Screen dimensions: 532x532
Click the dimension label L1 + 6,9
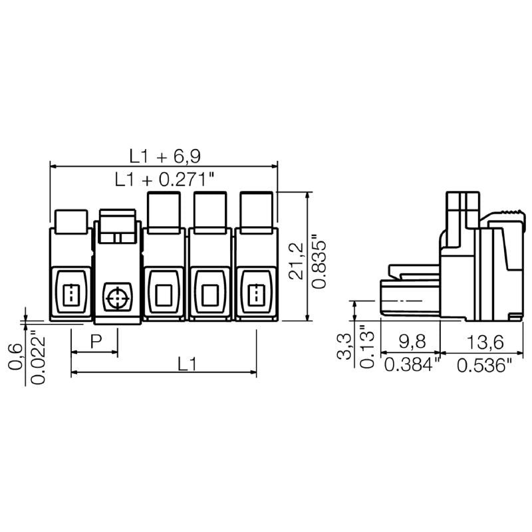(165, 156)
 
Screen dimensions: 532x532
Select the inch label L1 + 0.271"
(165, 179)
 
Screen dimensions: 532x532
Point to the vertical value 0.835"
(320, 260)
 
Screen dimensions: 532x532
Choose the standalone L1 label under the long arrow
(188, 364)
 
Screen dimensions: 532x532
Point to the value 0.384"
(413, 364)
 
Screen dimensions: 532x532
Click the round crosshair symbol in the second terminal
(117, 297)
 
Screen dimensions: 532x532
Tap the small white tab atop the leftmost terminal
(70, 221)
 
